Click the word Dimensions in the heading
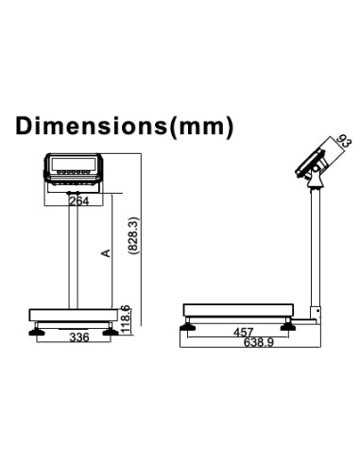[91, 126]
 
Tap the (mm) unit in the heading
[201, 127]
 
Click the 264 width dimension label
[79, 200]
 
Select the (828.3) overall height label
[133, 235]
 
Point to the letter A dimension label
[106, 253]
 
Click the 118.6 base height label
[126, 319]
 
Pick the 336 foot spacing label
[79, 337]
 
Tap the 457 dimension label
[244, 332]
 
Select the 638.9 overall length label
[259, 342]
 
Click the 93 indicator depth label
[344, 141]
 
